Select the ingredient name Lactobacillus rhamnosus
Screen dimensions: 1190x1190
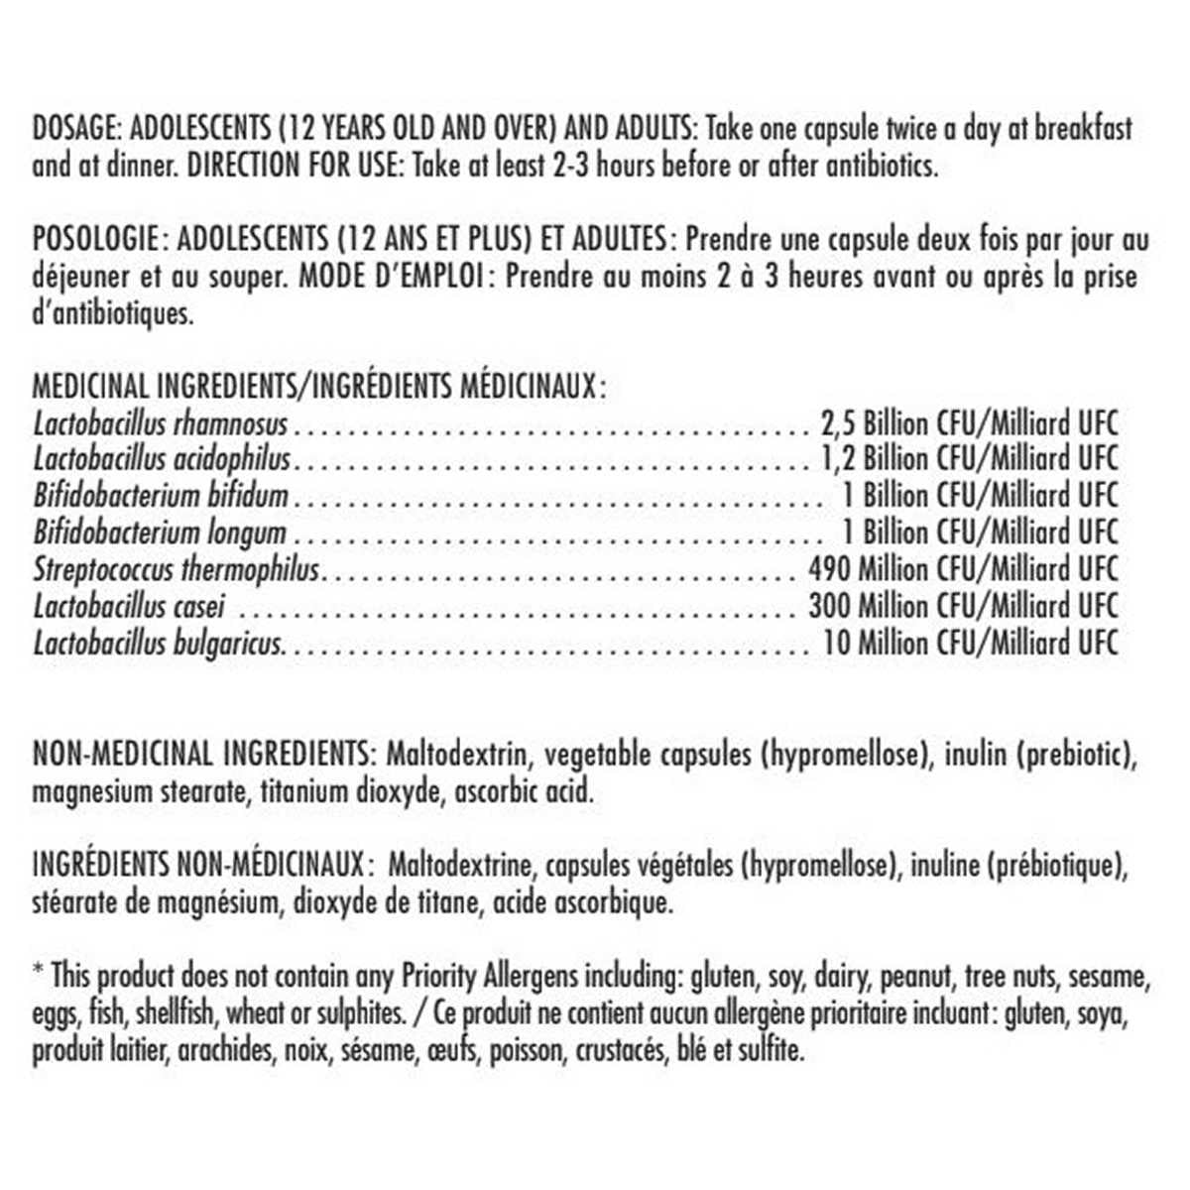(160, 424)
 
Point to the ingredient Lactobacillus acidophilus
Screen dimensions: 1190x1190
(162, 460)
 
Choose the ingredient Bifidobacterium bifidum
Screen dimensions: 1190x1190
(161, 496)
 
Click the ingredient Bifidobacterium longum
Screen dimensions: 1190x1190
(160, 533)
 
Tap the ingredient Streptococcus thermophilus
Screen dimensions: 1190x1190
(177, 570)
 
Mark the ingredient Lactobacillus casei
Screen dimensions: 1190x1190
(130, 606)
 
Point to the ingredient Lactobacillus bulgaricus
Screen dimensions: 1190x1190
(159, 644)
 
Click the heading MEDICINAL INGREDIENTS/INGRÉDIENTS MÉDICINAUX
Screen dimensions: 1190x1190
(317, 386)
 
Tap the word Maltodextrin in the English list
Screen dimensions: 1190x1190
(455, 754)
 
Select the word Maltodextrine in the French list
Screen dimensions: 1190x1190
(462, 865)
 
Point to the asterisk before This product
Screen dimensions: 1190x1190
(38, 972)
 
